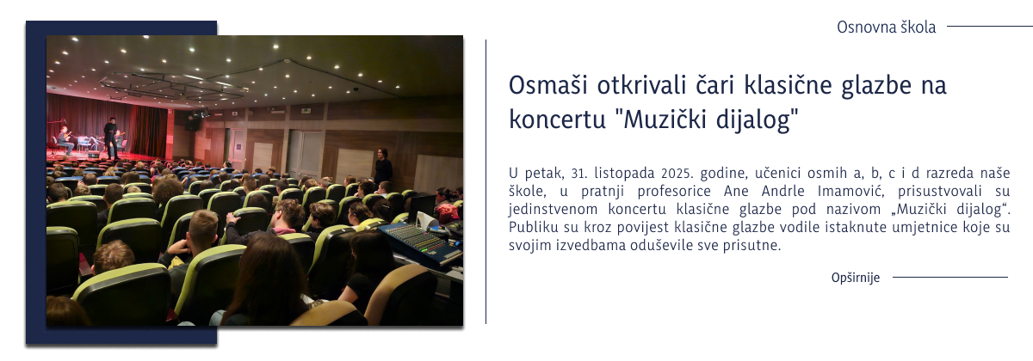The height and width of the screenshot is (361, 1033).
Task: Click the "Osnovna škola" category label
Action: click(x=886, y=28)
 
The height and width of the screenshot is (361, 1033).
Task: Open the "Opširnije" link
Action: click(x=855, y=278)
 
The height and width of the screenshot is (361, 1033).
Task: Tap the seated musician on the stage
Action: click(x=64, y=139)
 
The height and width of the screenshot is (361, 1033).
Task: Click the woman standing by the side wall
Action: click(x=381, y=168)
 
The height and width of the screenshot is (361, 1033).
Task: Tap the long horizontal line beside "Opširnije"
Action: click(x=949, y=278)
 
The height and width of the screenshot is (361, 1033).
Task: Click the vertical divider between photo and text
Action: click(x=486, y=180)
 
